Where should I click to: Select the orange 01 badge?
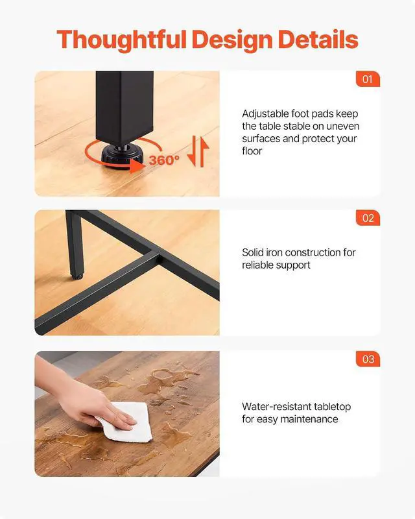pos(368,79)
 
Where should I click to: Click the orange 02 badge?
pos(368,218)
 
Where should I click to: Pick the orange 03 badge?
pos(368,359)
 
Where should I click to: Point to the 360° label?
pos(164,160)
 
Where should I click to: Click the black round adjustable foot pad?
pos(123,155)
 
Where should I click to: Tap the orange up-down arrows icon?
pos(198,152)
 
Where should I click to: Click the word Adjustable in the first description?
pos(265,114)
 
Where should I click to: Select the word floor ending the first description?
pos(252,151)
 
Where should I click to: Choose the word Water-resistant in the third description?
pos(276,407)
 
